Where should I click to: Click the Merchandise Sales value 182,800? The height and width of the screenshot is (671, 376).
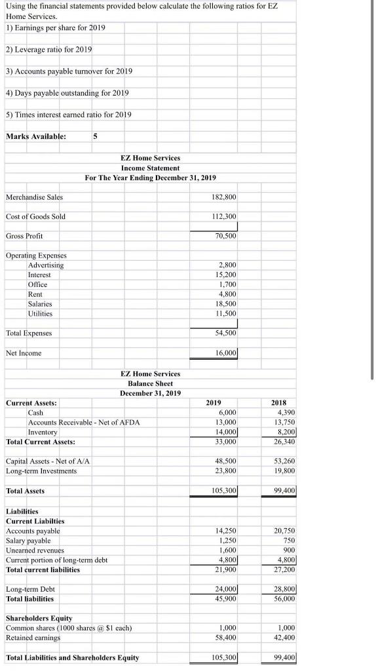(225, 197)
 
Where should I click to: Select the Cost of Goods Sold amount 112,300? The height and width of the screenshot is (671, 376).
(225, 216)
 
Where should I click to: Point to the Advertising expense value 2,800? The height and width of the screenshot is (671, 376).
(228, 265)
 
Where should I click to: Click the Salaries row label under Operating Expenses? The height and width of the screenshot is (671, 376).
(40, 304)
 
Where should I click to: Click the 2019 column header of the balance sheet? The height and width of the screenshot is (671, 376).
(214, 403)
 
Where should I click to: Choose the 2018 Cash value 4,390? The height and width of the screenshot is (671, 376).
(286, 413)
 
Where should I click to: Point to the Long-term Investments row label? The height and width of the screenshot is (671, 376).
(41, 471)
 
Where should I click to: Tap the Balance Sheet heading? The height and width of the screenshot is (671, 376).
(150, 383)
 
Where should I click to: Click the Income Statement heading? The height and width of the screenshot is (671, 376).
(150, 168)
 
